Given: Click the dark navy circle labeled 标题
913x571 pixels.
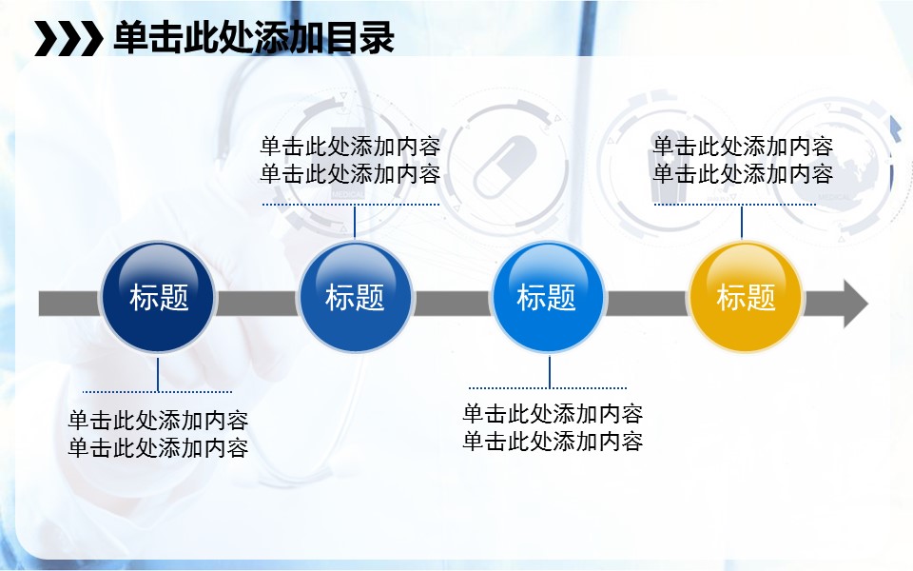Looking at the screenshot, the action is click(158, 297).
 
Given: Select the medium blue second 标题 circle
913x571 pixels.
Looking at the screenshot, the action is click(355, 297).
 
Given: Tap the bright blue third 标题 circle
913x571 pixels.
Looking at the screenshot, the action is click(548, 297).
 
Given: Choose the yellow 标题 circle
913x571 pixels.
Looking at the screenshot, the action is click(746, 297).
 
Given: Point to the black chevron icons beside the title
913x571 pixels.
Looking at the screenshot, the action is click(68, 38).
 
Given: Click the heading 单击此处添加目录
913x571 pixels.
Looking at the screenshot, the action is click(254, 38).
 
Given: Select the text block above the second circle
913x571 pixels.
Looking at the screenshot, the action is click(350, 160).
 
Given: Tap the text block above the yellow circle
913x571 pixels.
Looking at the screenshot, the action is click(743, 160).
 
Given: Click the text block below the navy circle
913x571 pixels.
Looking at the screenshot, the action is click(158, 434).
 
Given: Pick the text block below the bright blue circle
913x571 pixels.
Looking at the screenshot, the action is click(553, 427).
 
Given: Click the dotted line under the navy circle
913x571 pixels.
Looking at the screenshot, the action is click(157, 391).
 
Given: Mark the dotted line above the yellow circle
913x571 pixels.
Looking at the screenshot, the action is click(735, 205).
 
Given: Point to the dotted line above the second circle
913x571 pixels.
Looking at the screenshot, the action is click(351, 205).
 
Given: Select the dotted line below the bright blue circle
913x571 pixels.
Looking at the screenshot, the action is click(548, 387).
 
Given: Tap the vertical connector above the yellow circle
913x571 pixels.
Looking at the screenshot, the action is click(741, 222).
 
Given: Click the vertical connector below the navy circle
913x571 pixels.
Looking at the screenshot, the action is click(158, 375).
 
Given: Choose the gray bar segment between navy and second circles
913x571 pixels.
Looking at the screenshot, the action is click(257, 304).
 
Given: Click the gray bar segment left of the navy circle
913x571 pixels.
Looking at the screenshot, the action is click(69, 304).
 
